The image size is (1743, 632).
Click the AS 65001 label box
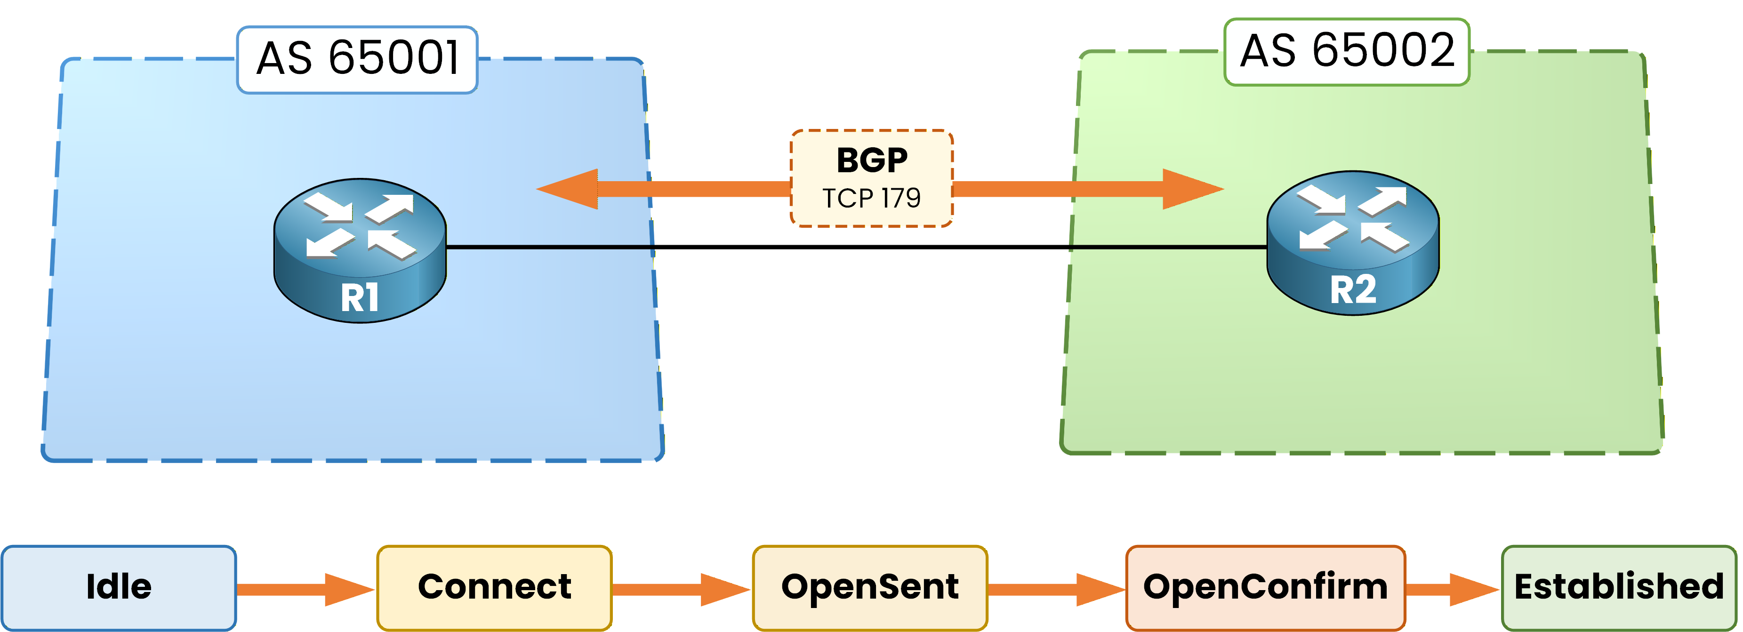click(x=357, y=60)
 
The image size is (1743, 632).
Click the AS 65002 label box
click(x=1347, y=52)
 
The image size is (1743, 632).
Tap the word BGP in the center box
click(x=872, y=161)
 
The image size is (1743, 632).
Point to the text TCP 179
click(x=872, y=198)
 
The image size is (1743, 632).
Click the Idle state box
click(x=119, y=587)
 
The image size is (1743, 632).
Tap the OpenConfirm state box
click(x=1265, y=587)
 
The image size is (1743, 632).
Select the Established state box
click(x=1618, y=587)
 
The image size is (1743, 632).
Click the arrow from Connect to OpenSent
click(x=681, y=589)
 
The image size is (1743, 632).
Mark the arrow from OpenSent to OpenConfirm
click(x=1055, y=589)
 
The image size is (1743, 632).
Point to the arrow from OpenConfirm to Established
click(x=1452, y=589)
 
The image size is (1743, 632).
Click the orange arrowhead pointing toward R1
click(x=572, y=189)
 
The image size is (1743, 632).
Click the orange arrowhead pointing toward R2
click(x=1189, y=189)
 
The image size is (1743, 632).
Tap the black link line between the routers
click(x=856, y=247)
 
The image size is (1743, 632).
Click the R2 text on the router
click(x=1353, y=289)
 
